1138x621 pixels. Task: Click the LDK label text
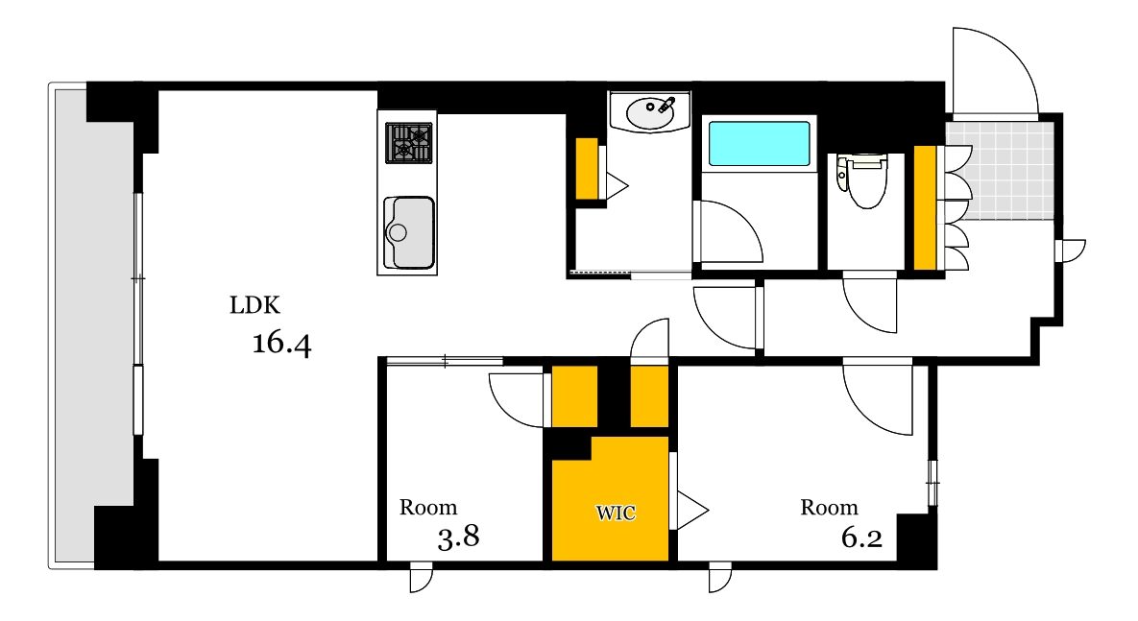pyautogui.click(x=254, y=306)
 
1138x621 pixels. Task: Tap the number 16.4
pyautogui.click(x=281, y=343)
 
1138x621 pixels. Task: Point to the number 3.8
pyautogui.click(x=458, y=537)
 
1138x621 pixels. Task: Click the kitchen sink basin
pyautogui.click(x=410, y=232)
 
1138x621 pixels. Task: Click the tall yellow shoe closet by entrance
pyautogui.click(x=925, y=207)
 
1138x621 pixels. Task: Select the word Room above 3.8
pyautogui.click(x=428, y=508)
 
